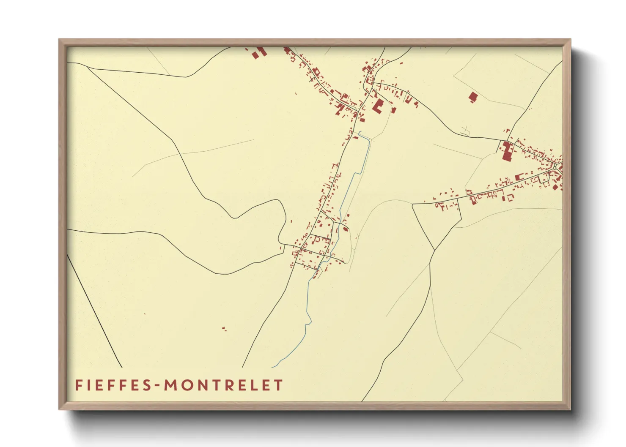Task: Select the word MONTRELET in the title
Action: (x=223, y=385)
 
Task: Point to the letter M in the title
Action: (x=170, y=385)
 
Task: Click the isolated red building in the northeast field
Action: (x=473, y=97)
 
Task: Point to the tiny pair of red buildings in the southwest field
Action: (x=224, y=328)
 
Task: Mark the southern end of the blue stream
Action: (x=273, y=367)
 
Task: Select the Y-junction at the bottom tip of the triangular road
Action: (x=434, y=249)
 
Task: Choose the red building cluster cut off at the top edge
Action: (x=258, y=53)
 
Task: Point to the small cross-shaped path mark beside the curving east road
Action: (x=466, y=130)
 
